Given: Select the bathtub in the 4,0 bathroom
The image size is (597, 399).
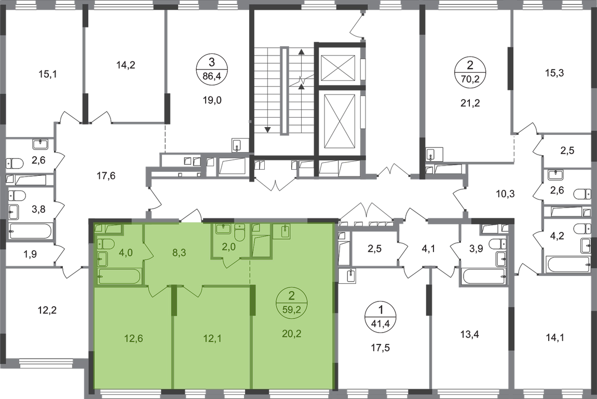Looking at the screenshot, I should coord(119,277).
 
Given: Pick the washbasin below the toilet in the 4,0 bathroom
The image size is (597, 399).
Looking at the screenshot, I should coord(102,259).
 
